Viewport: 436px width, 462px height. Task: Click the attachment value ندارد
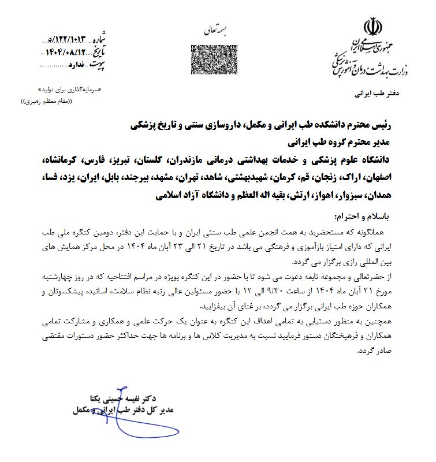click(x=73, y=65)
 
